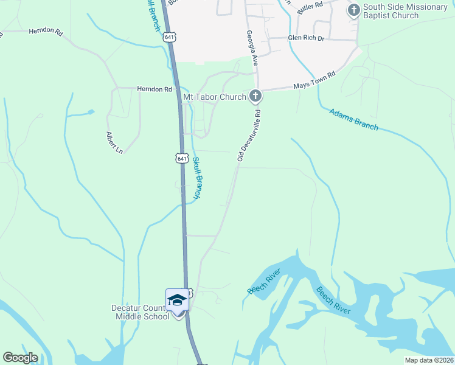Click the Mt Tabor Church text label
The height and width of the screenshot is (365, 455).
(x=215, y=97)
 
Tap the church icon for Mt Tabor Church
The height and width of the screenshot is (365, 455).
(x=255, y=96)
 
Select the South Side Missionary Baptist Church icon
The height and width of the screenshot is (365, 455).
(x=353, y=10)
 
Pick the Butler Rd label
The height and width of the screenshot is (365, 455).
(x=310, y=8)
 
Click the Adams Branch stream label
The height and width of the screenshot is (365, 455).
(x=353, y=119)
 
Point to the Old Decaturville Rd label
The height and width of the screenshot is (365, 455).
(x=249, y=135)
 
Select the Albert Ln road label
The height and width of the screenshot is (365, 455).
(x=114, y=142)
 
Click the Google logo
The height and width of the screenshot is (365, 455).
(x=20, y=358)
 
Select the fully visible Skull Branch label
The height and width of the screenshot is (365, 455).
(x=196, y=178)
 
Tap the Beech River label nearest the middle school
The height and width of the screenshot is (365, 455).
(x=264, y=281)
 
